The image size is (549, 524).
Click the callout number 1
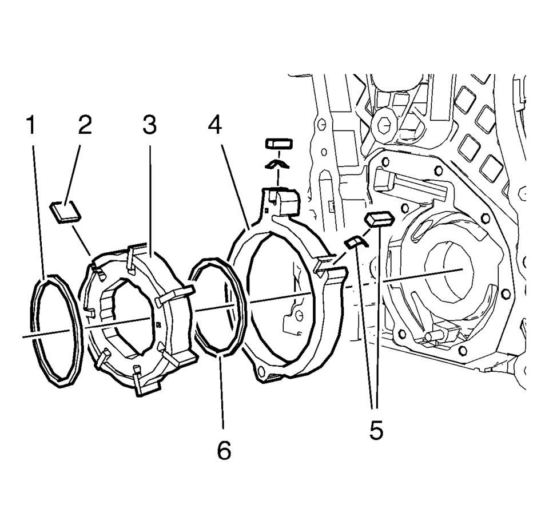[x=31, y=125]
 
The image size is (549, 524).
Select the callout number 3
[x=149, y=125]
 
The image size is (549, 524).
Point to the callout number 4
[x=214, y=125]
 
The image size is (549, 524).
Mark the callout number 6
[x=224, y=450]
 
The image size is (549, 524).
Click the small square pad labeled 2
[x=65, y=212]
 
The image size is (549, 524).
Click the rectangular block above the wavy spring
[x=279, y=143]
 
